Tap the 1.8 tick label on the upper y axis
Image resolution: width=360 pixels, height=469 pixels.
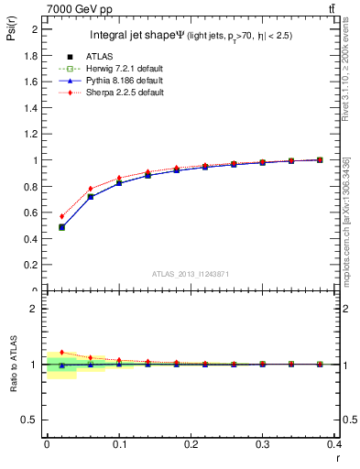click(30, 55)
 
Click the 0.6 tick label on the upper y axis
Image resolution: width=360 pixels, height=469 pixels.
click(30, 213)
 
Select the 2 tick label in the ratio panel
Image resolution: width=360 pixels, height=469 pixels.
click(35, 309)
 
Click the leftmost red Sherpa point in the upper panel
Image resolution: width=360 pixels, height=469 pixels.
click(61, 216)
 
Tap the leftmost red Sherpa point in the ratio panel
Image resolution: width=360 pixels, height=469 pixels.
click(61, 352)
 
